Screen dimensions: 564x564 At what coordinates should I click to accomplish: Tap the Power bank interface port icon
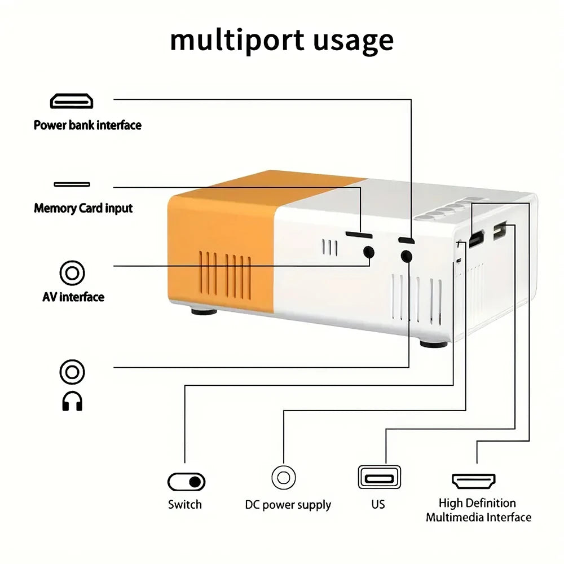coord(72,102)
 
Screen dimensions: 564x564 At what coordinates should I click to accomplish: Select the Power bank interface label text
coord(87,125)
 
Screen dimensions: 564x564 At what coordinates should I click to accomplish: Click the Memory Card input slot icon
coord(72,184)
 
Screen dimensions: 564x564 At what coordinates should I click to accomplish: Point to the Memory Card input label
coord(83,208)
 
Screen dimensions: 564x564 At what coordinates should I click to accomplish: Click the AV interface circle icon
coord(72,274)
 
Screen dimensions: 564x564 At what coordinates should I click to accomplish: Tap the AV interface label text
coord(73,297)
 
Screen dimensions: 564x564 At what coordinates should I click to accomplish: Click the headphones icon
coord(72,402)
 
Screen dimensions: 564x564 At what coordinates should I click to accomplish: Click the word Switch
coord(184,504)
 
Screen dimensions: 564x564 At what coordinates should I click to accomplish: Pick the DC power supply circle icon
coord(284,478)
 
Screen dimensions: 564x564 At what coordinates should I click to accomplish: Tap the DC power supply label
coord(288,505)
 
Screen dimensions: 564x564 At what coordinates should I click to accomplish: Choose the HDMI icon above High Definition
coord(474,481)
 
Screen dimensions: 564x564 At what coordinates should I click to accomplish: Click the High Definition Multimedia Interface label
coord(478,510)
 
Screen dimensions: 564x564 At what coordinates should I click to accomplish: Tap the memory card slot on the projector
coord(359,233)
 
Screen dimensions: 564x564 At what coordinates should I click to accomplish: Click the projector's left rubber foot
coord(204,311)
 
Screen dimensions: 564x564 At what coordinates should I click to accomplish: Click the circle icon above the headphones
coord(72,372)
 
